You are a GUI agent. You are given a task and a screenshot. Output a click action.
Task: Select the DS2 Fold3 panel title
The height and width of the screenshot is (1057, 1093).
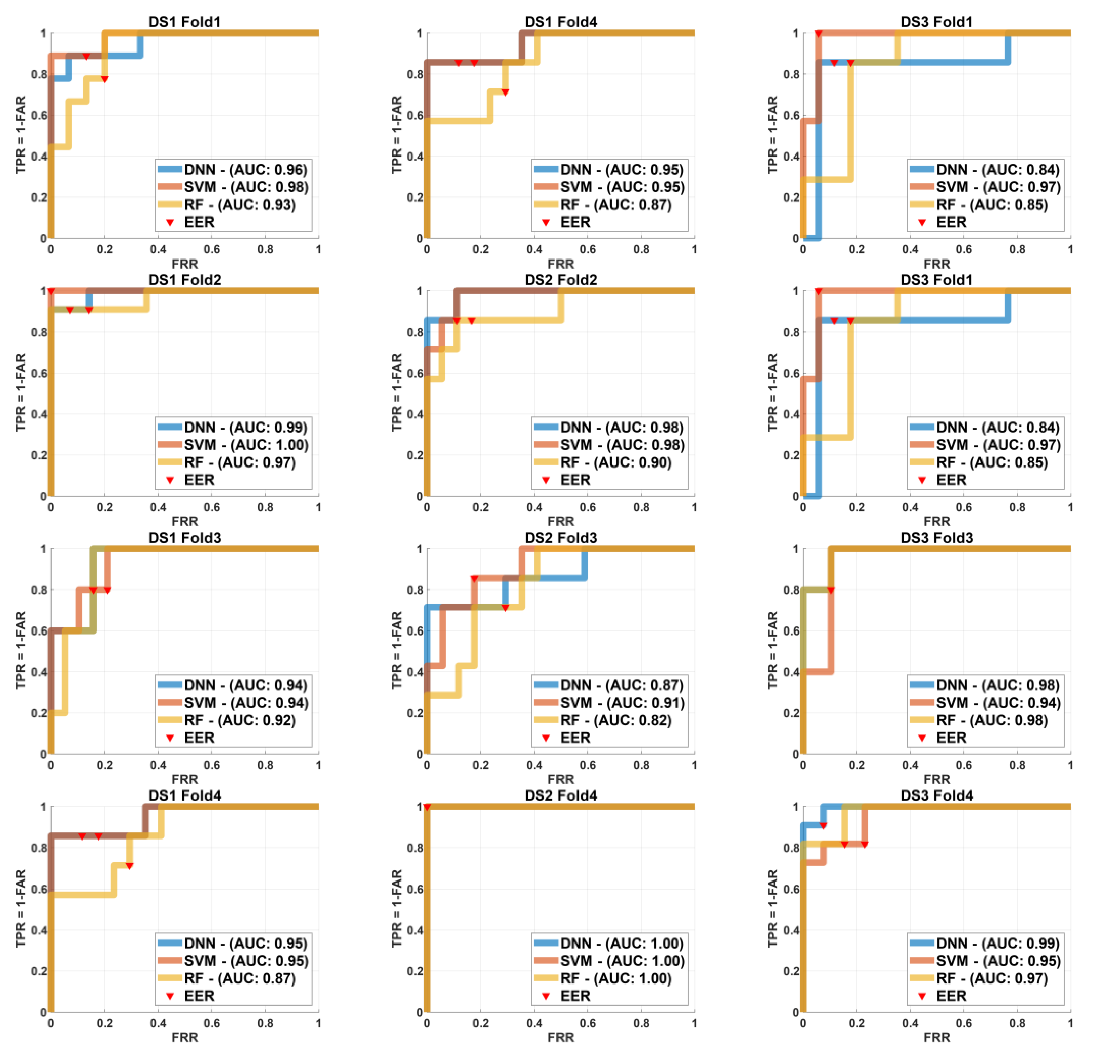[x=561, y=537]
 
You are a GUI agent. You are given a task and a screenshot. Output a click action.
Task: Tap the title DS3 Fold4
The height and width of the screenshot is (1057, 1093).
[x=937, y=795]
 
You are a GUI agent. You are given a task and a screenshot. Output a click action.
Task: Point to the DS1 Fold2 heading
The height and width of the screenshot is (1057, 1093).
[x=185, y=280]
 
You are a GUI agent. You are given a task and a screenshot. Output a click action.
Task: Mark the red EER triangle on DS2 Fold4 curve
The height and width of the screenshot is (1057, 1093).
[x=427, y=807]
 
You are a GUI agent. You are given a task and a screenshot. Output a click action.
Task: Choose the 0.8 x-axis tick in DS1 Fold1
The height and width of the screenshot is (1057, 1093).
[x=265, y=249]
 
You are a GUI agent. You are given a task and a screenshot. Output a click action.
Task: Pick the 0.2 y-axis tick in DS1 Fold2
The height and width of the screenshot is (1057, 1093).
[x=40, y=455]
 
